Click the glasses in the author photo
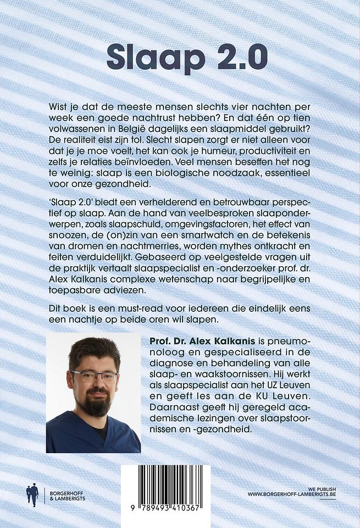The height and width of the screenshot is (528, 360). (x=94, y=377)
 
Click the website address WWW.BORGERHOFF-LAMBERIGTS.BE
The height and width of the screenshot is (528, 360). (x=291, y=495)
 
